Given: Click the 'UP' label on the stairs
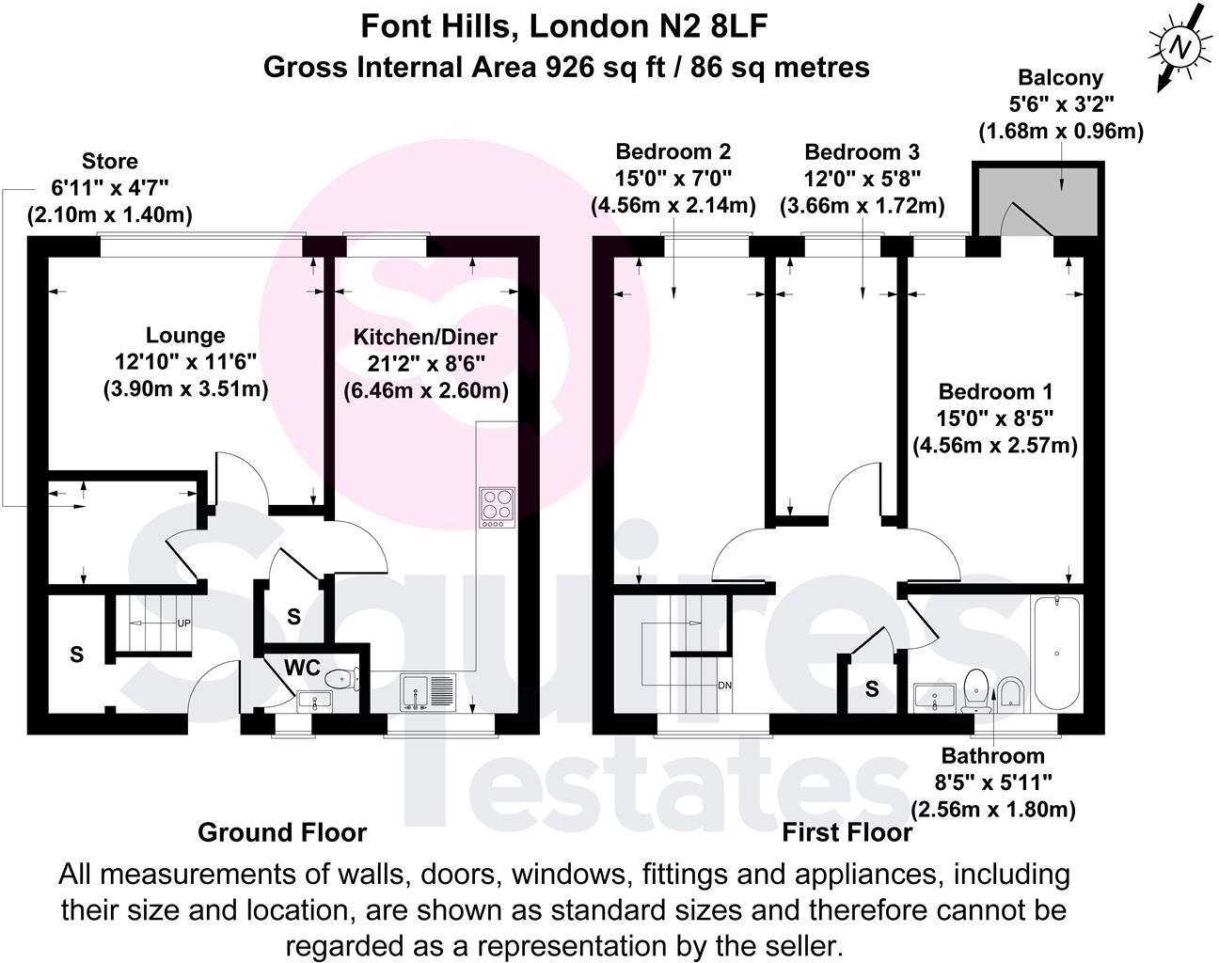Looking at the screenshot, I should click(x=183, y=623).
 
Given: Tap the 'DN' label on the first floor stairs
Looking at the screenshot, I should click(x=724, y=685).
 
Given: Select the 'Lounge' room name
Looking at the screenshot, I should click(x=185, y=335).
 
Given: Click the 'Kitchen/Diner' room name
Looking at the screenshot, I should click(x=425, y=337).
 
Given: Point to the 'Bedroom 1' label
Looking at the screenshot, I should click(x=995, y=392).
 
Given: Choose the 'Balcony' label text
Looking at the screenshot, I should click(x=1060, y=78).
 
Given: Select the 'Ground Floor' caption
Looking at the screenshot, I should click(x=282, y=832).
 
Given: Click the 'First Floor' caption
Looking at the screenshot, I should click(x=847, y=832).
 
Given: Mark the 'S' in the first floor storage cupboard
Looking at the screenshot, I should click(x=872, y=689).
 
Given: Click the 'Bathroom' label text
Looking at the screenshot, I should click(x=992, y=755).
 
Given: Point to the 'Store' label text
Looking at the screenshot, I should click(x=110, y=161).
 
